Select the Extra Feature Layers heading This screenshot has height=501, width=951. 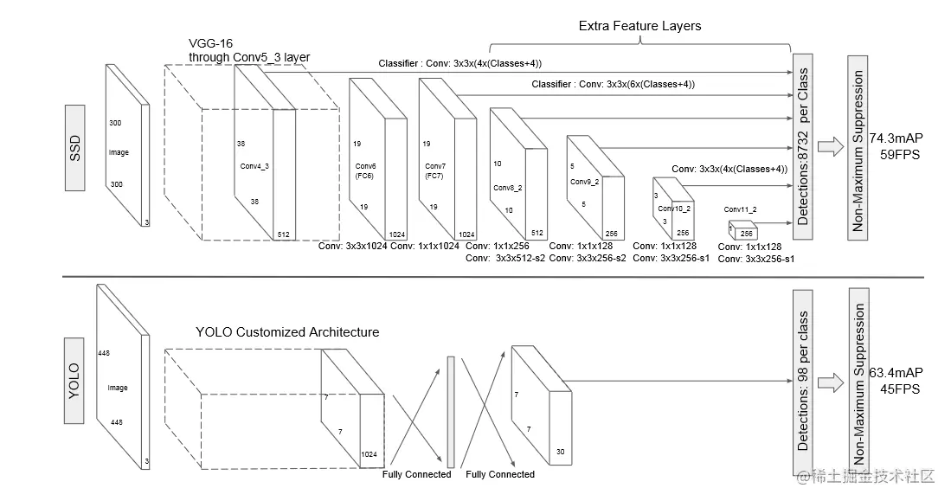click(x=639, y=26)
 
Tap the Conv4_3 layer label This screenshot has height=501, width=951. click(x=255, y=167)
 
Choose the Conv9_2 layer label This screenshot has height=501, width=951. click(x=584, y=182)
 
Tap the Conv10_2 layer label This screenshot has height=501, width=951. click(x=673, y=209)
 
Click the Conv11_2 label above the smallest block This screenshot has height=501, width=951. click(x=740, y=209)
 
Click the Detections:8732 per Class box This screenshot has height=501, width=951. click(x=804, y=145)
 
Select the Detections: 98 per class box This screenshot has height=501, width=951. click(x=804, y=381)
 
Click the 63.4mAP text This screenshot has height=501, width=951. click(x=895, y=373)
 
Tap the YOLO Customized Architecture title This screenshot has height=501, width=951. click(x=287, y=331)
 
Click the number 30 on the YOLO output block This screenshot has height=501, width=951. click(x=561, y=451)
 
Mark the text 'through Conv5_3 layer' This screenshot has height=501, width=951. click(x=249, y=57)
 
